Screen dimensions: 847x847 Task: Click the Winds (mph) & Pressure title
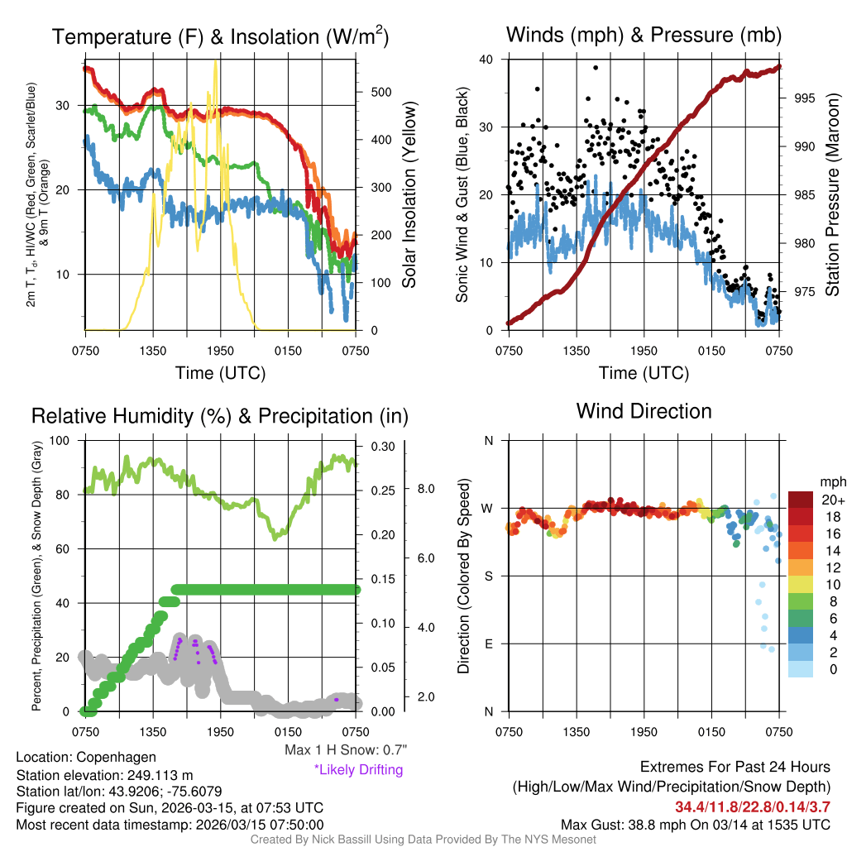click(644, 35)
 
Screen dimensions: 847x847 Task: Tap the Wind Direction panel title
click(644, 411)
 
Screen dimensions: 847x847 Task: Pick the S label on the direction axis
click(488, 576)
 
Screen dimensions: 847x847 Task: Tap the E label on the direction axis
click(488, 644)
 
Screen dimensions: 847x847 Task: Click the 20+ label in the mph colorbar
click(831, 500)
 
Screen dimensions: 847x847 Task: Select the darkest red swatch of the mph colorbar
click(802, 500)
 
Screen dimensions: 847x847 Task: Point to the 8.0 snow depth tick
click(425, 489)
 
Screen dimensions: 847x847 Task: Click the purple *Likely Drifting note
click(358, 769)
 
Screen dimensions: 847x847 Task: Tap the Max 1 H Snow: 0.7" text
click(346, 750)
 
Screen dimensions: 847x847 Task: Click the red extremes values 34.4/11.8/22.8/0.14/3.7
click(752, 806)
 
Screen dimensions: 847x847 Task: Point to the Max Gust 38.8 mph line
click(696, 824)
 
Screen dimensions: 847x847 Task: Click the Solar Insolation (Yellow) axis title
click(409, 194)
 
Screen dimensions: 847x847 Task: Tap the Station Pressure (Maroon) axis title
click(832, 194)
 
